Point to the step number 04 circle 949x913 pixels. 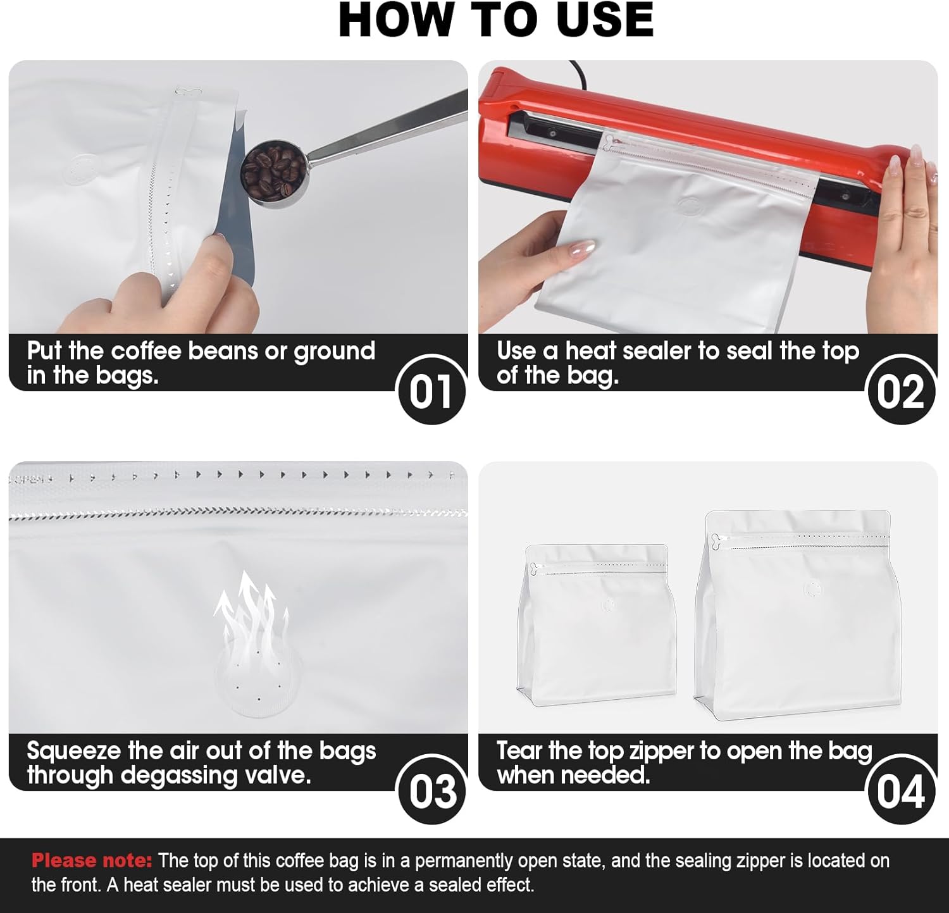[x=900, y=791]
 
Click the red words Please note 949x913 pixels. [x=92, y=860]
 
